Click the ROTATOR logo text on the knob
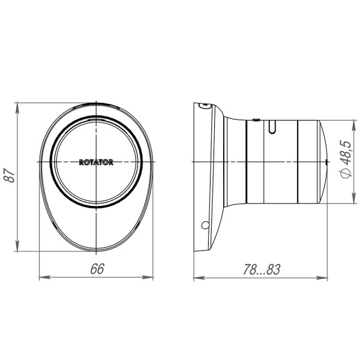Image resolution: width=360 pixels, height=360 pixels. [x=96, y=162]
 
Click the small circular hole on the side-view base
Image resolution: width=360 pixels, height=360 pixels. [x=205, y=226]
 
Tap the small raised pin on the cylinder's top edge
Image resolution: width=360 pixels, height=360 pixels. [x=256, y=119]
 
